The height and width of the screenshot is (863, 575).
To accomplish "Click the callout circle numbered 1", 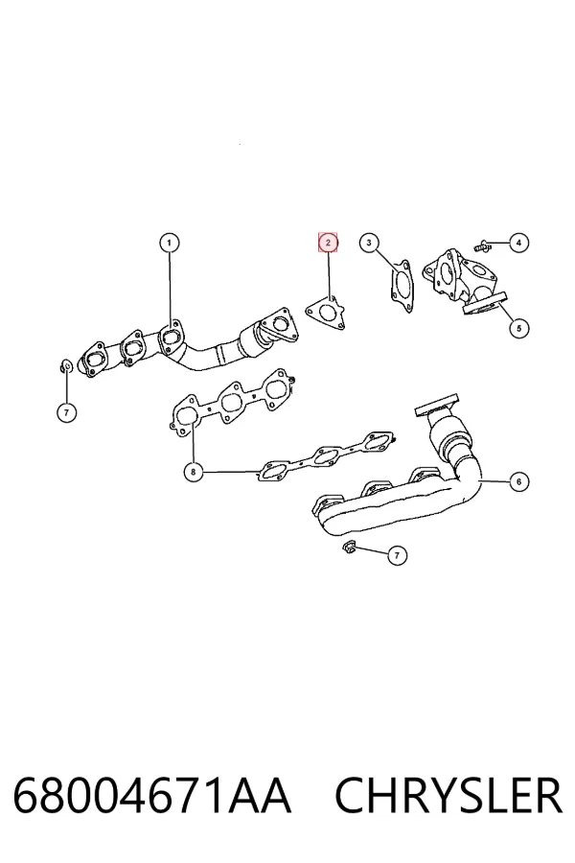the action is coord(170,243).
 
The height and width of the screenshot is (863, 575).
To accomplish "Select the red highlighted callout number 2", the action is coord(328,243).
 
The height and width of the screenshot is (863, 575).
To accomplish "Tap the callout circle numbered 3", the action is coord(369,243).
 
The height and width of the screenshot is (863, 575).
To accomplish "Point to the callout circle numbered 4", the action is coord(518,243).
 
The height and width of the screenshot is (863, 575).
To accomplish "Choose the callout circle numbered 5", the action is coord(518,329).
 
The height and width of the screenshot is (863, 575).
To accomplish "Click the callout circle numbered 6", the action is coord(518,481).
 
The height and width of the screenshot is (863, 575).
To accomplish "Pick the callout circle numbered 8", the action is coord(194,472).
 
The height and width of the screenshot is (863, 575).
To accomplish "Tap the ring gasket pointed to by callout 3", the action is coord(402,286).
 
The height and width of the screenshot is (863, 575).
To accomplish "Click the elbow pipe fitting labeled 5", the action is coord(463,282).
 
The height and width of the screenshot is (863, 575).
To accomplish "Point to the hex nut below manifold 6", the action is coord(349,547).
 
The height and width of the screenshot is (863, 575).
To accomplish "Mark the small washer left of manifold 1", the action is coord(65,365).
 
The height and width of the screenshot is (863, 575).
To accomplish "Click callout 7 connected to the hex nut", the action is coord(398,555).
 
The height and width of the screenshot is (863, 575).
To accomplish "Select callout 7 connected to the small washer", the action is coord(66,412).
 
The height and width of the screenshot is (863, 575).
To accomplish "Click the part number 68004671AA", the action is coord(152,796).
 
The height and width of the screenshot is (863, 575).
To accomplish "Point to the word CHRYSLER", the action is coord(449,796).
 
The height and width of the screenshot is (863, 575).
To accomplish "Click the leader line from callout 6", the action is coord(494,481).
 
